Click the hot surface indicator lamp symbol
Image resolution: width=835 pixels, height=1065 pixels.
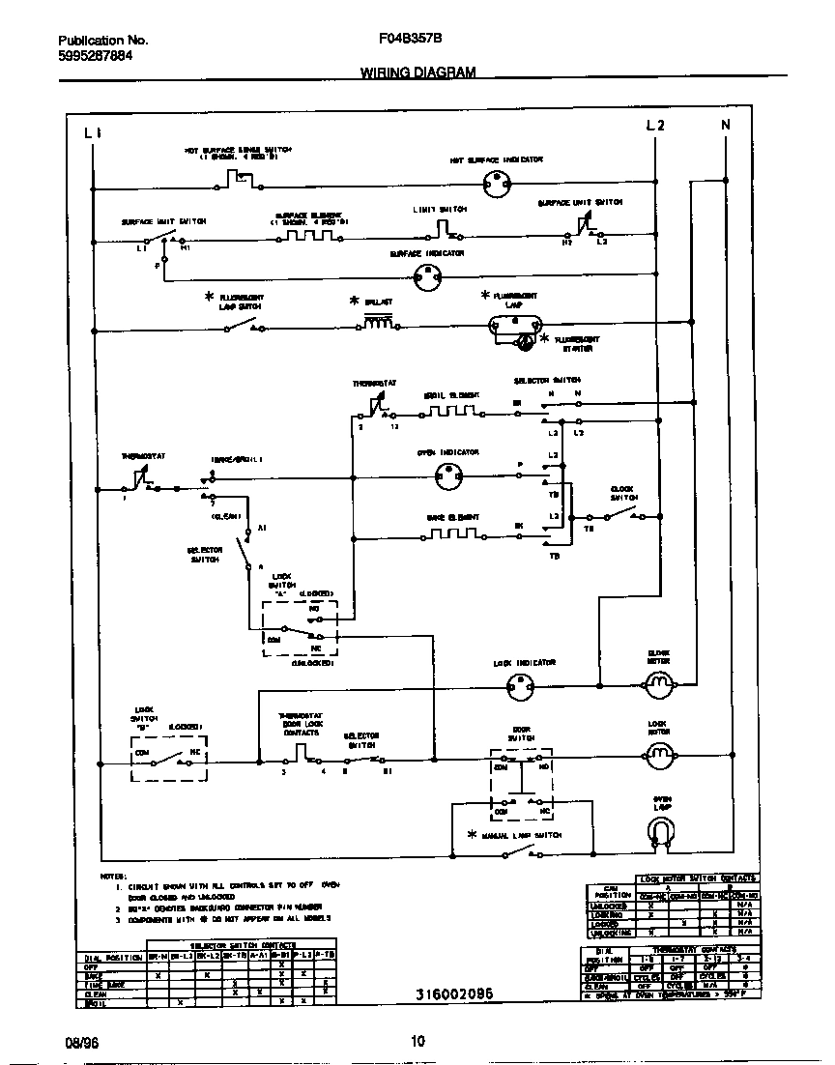coord(496,181)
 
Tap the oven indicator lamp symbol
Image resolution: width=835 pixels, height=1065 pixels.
coord(448,475)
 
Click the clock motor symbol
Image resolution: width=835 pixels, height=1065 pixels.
coord(659,685)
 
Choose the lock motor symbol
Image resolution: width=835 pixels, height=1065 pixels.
coord(659,755)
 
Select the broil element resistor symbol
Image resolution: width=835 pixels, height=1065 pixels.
coord(451,411)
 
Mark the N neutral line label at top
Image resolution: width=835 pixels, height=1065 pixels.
coord(725,126)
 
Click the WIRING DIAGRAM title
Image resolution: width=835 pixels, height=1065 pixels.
coord(417,72)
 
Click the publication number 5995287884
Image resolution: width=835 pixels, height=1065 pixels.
coord(96,56)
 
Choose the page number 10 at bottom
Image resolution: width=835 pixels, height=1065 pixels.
coord(417,1041)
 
